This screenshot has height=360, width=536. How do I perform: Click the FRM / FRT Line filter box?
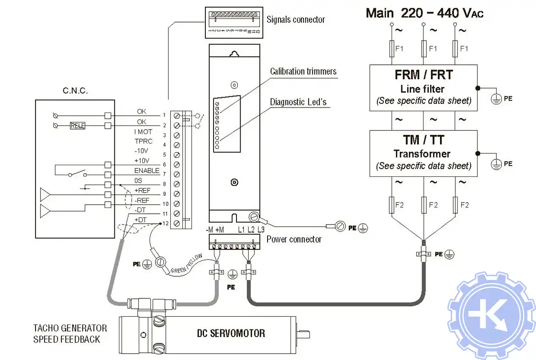tap(423, 88)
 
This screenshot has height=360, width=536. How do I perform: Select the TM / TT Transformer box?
tap(423, 153)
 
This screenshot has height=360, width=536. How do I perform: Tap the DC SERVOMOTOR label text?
tap(231, 333)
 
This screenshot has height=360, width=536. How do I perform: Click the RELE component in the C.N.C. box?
tap(77, 126)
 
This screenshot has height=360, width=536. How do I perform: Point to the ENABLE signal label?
tap(147, 171)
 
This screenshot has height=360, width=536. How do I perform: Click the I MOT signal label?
tap(143, 132)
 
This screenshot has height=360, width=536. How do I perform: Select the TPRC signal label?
tap(144, 141)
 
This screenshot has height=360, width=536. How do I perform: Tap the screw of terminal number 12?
tap(177, 223)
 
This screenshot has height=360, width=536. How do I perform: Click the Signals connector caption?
tap(295, 19)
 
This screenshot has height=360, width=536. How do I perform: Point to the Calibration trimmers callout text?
tap(303, 71)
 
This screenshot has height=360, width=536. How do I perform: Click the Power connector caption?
tap(294, 239)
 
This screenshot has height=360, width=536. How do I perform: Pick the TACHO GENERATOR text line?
tap(70, 328)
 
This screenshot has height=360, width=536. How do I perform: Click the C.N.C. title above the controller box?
tap(75, 91)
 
